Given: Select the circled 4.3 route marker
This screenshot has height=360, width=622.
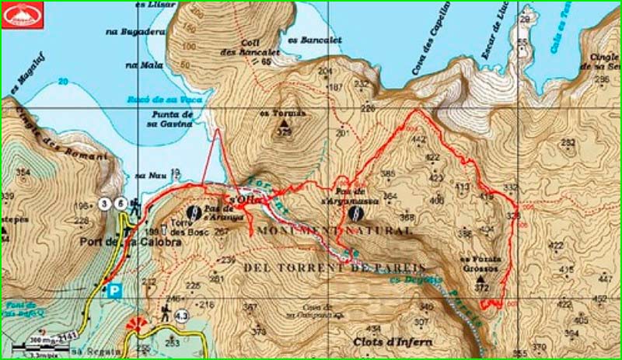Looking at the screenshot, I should pos(181,316).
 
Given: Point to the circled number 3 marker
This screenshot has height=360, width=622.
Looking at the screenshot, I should pos(105,204).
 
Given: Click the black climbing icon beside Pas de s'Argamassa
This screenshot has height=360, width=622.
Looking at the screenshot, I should pos(355,212).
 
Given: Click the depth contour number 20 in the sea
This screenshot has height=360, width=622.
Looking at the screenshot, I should pos(63,81).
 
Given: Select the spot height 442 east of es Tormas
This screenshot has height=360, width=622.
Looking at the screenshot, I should pos(419,140).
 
